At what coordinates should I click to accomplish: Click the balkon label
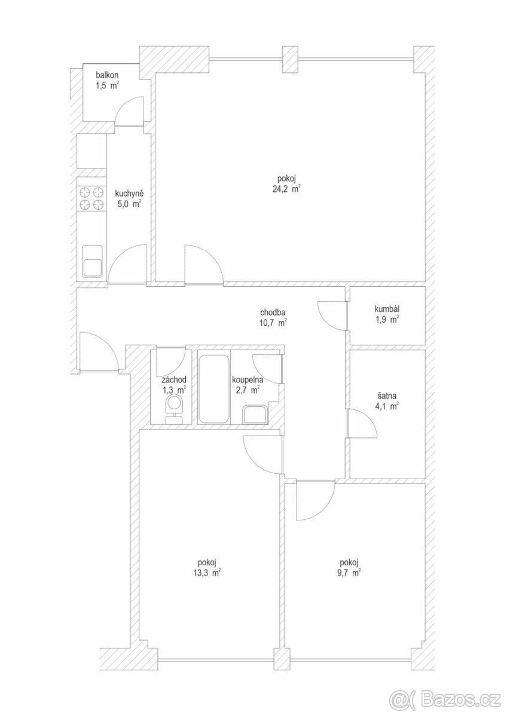(108, 75)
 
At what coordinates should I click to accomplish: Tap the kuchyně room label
(129, 194)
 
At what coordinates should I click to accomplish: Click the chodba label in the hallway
(273, 312)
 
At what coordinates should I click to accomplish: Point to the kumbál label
(387, 309)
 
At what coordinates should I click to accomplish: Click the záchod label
(173, 379)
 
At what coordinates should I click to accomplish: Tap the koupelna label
(248, 379)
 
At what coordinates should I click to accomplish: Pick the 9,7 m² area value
(348, 571)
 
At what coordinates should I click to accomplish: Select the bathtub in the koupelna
(213, 390)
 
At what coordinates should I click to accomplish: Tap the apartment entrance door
(97, 353)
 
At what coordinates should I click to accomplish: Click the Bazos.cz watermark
(446, 698)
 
